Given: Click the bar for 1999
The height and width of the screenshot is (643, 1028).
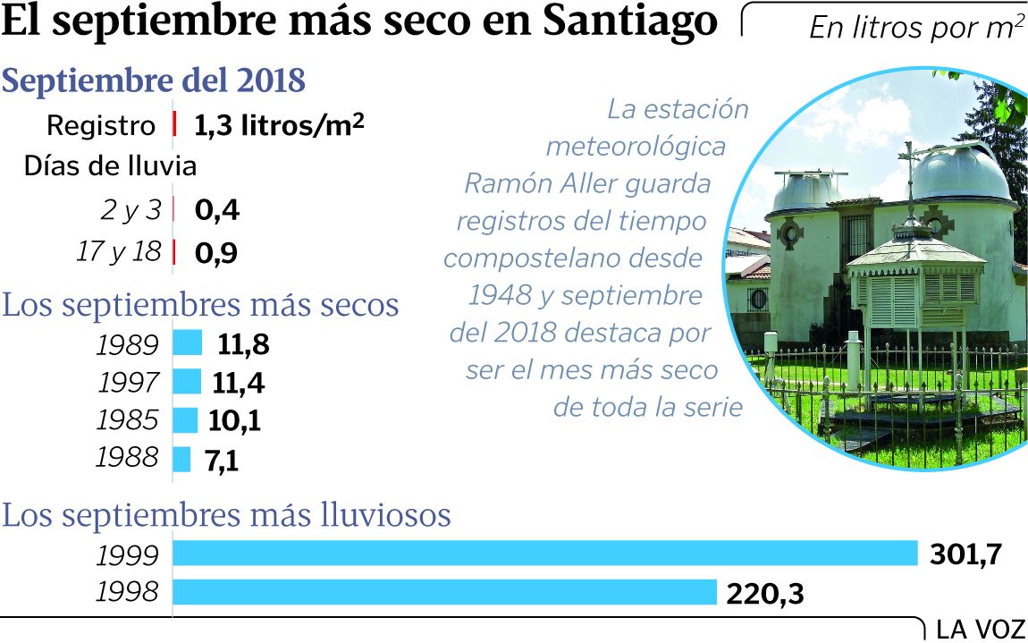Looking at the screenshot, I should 545,554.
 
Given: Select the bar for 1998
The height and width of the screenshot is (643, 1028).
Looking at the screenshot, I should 444,592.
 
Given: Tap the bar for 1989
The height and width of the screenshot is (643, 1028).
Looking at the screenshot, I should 188,343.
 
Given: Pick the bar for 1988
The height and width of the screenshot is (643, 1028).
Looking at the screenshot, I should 181,459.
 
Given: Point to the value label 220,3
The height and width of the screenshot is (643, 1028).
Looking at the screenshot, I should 764,593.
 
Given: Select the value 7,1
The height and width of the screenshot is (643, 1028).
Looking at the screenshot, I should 223,461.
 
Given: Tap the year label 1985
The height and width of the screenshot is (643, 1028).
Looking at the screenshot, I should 128,421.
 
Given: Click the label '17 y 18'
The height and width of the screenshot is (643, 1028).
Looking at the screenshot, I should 119,252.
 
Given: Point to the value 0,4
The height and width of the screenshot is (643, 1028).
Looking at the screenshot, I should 217,211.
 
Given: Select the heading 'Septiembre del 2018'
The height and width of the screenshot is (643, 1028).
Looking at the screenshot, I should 155,81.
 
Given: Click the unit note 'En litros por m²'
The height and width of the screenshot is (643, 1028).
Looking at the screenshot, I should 916,28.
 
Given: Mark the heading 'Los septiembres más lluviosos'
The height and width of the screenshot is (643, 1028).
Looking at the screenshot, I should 227,515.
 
